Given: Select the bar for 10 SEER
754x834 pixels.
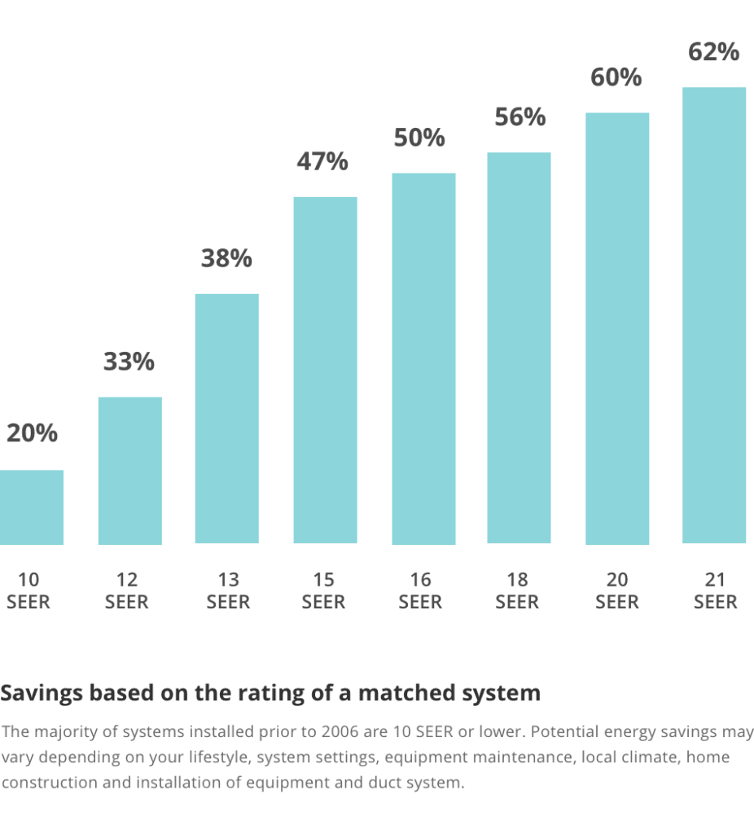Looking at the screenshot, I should click(31, 507).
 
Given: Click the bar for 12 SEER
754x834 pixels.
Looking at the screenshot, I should click(129, 470).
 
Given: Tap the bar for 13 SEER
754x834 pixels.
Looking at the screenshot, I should click(226, 418).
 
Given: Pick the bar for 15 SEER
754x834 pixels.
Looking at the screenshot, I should click(325, 370).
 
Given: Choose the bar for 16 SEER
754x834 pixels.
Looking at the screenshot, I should click(423, 358).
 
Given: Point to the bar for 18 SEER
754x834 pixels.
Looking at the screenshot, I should click(519, 348).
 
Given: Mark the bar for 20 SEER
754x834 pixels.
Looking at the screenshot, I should click(617, 328).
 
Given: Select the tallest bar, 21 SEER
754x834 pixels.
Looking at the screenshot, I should click(714, 315).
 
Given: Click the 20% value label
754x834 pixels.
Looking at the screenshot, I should click(33, 433).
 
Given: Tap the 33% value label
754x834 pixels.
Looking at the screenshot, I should click(129, 362).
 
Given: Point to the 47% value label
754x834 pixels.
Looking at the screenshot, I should click(322, 161).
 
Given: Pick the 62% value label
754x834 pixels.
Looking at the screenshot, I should click(713, 52).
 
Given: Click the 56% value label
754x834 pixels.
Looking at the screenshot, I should click(519, 117).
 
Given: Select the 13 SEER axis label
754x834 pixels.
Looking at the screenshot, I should click(228, 591).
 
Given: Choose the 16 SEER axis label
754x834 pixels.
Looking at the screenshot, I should click(420, 591).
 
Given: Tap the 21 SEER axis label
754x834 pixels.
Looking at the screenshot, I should click(715, 591).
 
